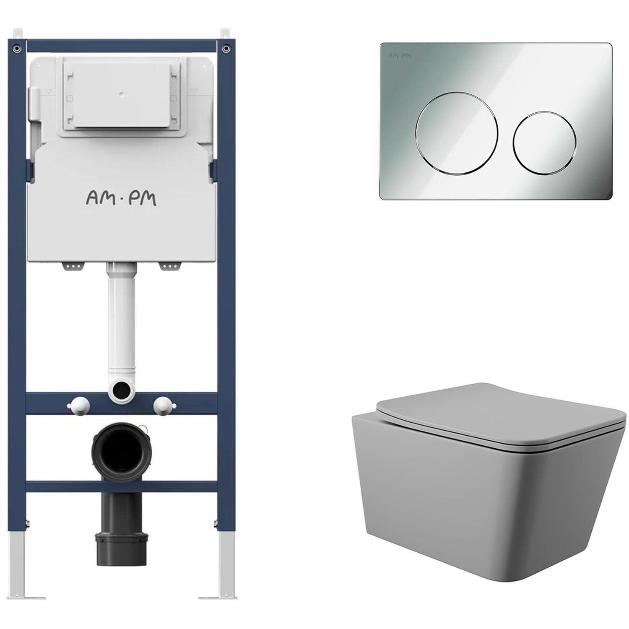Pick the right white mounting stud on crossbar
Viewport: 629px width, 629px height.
(x=163, y=405)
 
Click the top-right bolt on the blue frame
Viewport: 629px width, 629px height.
(x=226, y=48)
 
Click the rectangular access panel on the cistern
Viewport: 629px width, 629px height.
(x=122, y=96)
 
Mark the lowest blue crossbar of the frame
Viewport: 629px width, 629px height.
(x=122, y=486)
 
